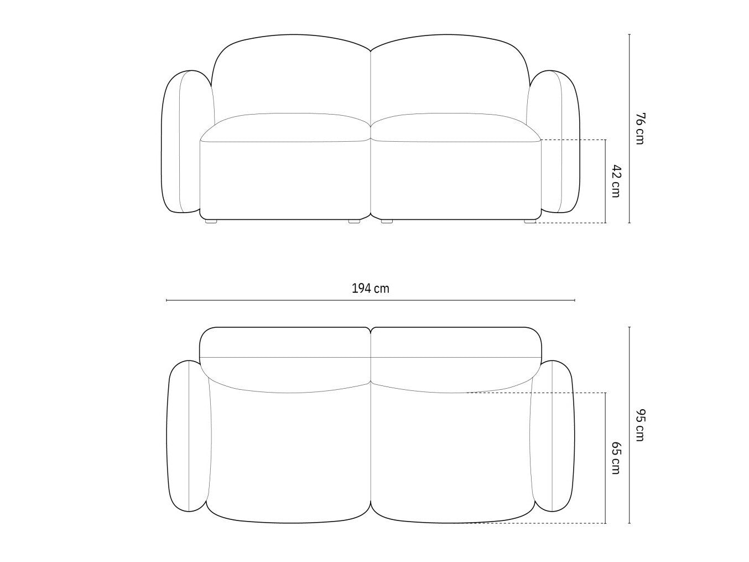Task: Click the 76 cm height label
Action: click(x=639, y=128)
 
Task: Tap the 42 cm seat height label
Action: click(x=615, y=181)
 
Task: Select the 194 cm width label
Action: click(x=370, y=289)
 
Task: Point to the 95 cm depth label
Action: click(x=639, y=425)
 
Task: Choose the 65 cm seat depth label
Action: click(x=615, y=458)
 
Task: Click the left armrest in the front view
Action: click(x=181, y=142)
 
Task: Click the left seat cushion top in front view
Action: click(x=286, y=127)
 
